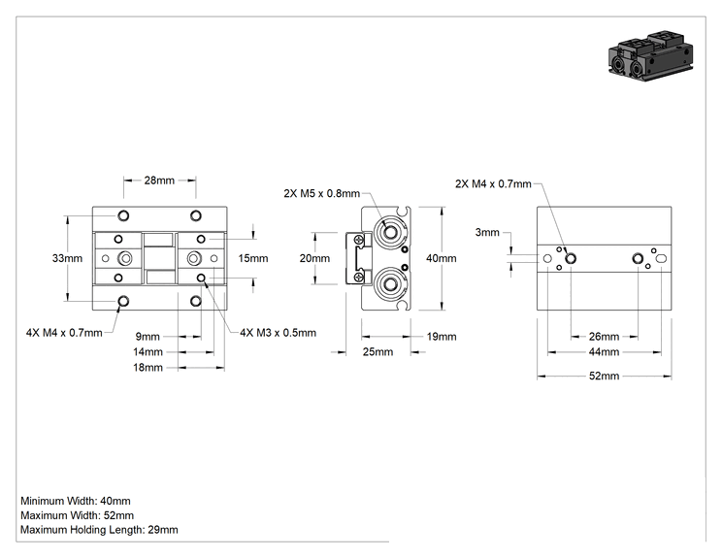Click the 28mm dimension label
(159, 181)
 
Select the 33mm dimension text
(67, 258)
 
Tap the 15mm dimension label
(253, 258)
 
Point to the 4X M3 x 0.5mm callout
(279, 333)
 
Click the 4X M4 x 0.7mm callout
(64, 333)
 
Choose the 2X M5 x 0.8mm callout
(322, 193)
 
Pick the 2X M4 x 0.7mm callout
(493, 184)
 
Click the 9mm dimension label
(148, 337)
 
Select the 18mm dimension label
(148, 368)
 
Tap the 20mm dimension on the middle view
(314, 258)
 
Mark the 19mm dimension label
(442, 337)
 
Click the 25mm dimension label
(378, 352)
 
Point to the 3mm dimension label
(487, 233)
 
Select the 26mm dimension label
(605, 337)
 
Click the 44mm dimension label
(605, 352)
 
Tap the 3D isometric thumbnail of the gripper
(650, 55)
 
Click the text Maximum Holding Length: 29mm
(99, 530)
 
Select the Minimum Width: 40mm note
(76, 501)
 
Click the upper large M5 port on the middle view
(390, 232)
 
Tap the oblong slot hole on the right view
(661, 259)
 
